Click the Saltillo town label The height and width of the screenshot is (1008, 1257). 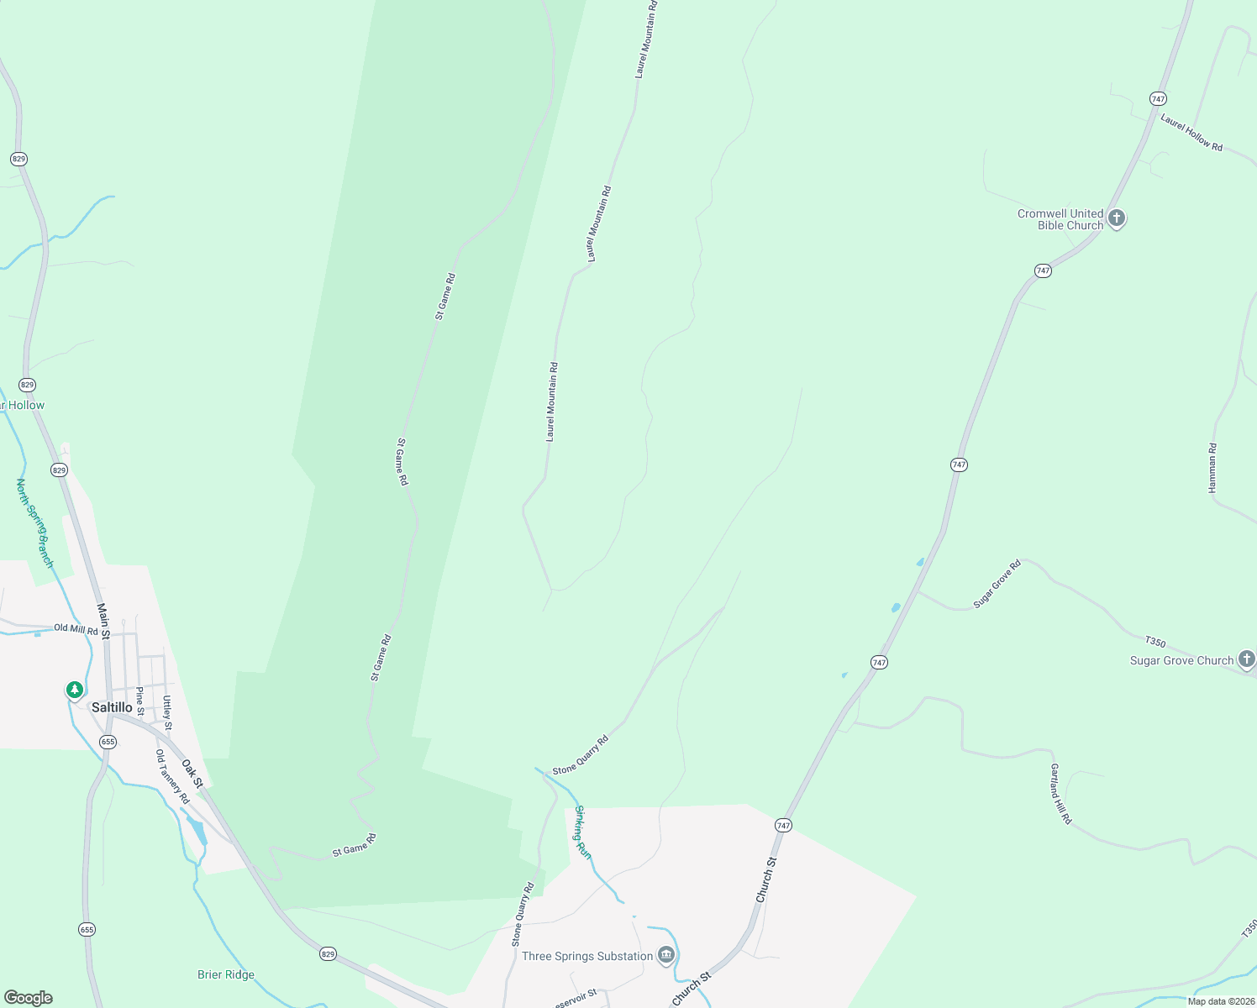[x=112, y=707]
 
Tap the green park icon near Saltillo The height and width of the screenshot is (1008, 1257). [x=75, y=690]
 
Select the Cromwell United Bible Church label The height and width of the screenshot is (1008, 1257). [x=1060, y=219]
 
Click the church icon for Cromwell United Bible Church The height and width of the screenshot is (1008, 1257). [x=1117, y=218]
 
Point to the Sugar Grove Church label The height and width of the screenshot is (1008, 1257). [x=1181, y=661]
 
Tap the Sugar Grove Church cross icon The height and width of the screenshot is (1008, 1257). [x=1247, y=659]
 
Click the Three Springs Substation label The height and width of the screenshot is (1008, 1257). [x=587, y=956]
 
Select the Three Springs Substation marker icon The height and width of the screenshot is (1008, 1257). [x=666, y=955]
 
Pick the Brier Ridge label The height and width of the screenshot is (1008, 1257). [x=226, y=974]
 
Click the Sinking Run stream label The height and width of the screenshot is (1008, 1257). [x=583, y=832]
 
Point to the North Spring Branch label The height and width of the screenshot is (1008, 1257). [x=34, y=522]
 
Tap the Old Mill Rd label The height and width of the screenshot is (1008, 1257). [x=76, y=628]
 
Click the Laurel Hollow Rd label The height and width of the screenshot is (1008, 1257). [x=1191, y=133]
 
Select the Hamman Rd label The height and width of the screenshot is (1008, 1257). [x=1212, y=468]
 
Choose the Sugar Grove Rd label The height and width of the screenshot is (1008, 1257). [x=997, y=584]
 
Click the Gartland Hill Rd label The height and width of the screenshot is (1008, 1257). [x=1061, y=794]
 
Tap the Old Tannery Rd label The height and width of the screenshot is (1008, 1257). [x=172, y=777]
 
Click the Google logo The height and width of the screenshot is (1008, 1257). [x=28, y=998]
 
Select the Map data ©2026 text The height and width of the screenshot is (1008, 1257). [x=1221, y=1001]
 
